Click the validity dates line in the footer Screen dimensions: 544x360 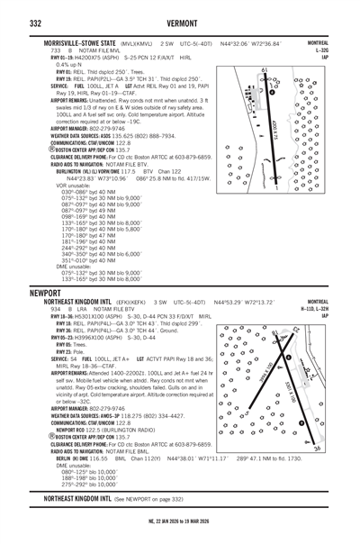180,534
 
